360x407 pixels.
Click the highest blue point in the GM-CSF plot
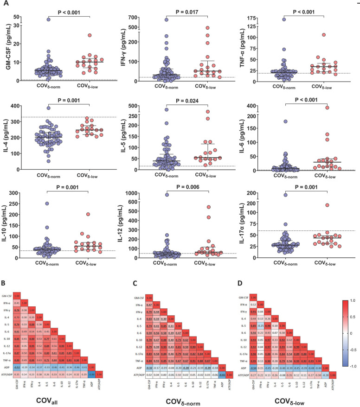click(x=48, y=19)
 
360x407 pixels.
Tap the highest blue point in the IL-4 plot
click(x=48, y=108)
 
